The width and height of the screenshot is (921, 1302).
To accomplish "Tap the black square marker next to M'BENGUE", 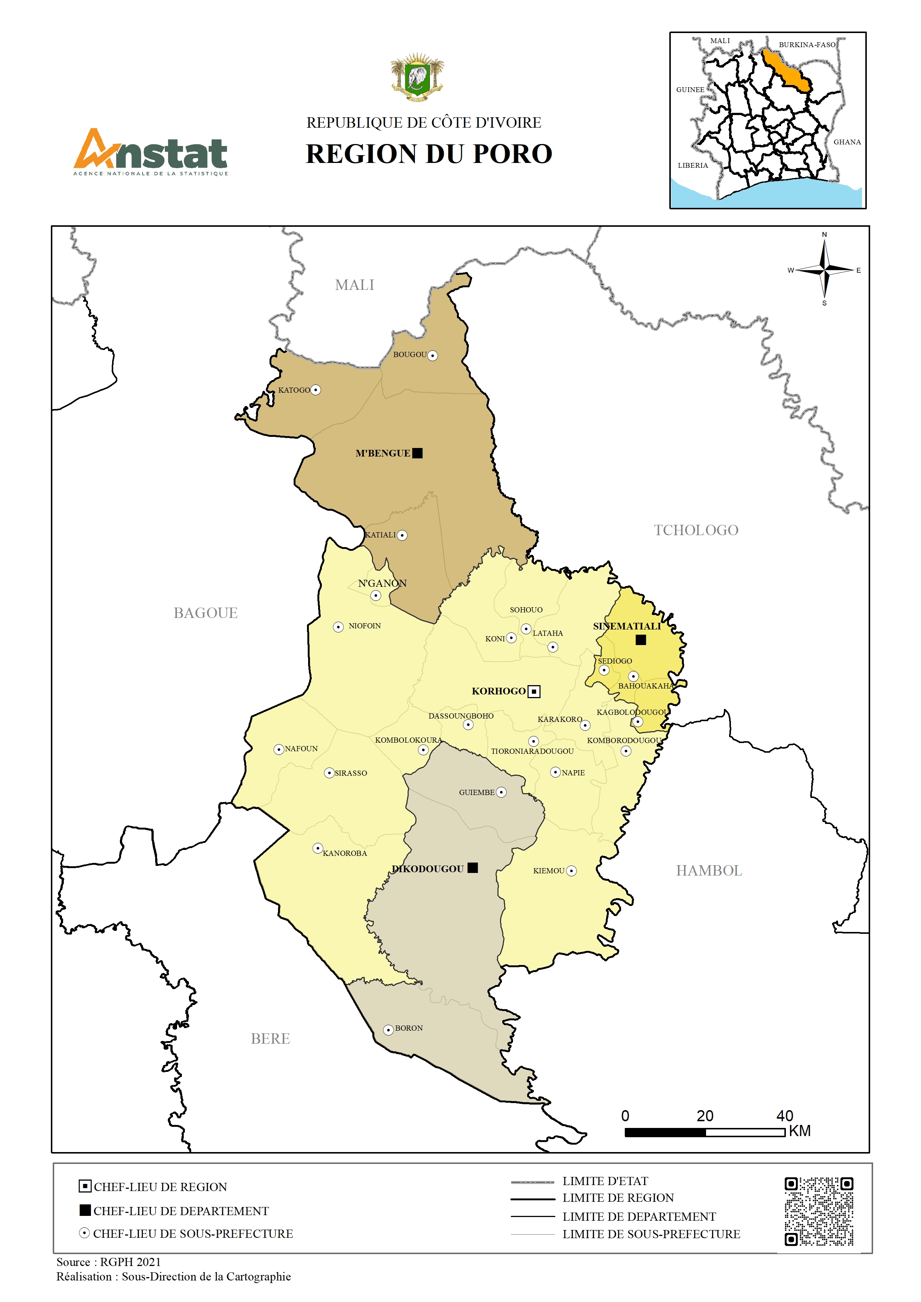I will click(x=417, y=453).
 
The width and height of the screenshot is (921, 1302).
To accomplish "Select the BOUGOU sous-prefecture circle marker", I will click(x=433, y=356).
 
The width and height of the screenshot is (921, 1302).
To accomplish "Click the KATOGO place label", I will click(x=294, y=390).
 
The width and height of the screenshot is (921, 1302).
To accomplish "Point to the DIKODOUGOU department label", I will click(x=428, y=869).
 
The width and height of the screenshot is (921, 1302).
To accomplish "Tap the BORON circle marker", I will click(x=388, y=1030).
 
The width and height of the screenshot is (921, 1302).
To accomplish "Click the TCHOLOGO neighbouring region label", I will click(x=696, y=530).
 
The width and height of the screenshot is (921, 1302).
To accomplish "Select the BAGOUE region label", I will click(x=205, y=613).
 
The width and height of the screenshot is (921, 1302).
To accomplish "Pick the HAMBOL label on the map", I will click(x=709, y=870).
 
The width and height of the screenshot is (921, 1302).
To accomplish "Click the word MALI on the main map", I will click(x=355, y=285).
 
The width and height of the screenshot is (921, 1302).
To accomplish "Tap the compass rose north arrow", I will click(x=824, y=249).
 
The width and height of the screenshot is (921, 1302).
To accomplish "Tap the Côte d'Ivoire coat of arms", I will click(x=417, y=78).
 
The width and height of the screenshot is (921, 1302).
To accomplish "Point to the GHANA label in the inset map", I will click(x=847, y=142).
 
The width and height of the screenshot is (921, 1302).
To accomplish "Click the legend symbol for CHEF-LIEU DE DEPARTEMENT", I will click(x=85, y=1210).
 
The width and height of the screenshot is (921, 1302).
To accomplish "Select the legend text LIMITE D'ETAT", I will click(x=605, y=1181).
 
